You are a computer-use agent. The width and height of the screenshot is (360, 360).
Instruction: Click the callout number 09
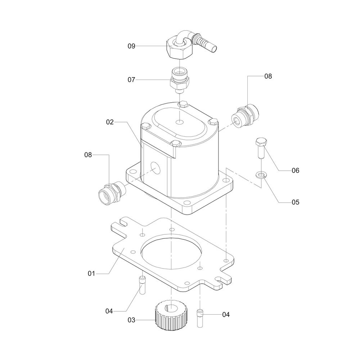pos(131,46)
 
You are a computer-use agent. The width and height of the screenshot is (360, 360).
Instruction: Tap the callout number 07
pos(131,80)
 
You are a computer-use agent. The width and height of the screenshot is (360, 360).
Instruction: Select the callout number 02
pos(110,122)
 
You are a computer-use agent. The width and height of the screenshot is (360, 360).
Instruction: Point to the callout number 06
pos(296,170)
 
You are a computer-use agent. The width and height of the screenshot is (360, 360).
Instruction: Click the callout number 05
pos(296,202)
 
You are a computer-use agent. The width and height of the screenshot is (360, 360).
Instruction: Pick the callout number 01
pos(91,274)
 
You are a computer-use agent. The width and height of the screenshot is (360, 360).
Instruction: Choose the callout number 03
pos(131,320)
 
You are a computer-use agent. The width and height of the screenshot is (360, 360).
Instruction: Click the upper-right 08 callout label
pos(268,76)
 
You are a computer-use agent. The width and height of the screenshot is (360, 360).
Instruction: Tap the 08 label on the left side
pos(88,155)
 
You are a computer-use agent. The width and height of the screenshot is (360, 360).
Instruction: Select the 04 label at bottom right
pos(226,315)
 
